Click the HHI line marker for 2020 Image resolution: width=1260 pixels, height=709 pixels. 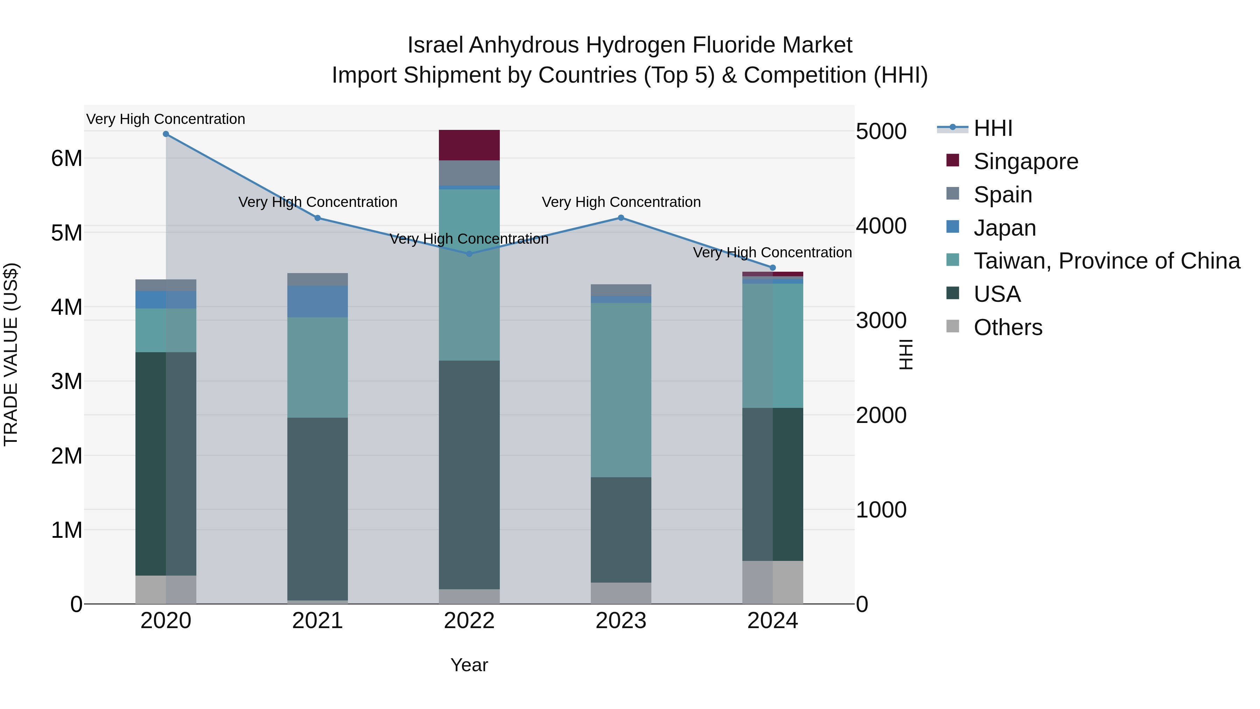(166, 134)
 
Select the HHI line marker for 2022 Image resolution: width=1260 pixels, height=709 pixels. (469, 254)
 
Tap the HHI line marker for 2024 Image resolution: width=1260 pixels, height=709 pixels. (773, 267)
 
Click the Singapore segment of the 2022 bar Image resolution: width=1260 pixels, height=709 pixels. (469, 145)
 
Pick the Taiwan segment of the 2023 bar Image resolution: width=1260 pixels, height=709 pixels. (621, 390)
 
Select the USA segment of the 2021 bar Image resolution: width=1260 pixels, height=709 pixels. (317, 509)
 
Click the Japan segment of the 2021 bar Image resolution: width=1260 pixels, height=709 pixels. (317, 301)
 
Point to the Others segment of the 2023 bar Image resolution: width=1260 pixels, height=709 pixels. (621, 593)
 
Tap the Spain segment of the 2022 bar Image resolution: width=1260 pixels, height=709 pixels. (469, 173)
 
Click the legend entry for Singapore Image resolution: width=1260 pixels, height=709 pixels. (1026, 161)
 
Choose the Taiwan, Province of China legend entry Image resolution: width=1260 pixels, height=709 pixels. (1106, 261)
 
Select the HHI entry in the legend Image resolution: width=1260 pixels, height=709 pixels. (993, 128)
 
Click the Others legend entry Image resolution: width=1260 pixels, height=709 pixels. (1008, 327)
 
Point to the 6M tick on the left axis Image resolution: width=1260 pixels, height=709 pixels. (66, 159)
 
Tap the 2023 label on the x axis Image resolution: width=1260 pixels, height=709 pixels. (621, 621)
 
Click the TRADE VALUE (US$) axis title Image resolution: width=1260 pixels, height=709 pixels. (11, 354)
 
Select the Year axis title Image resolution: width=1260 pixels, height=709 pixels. (469, 665)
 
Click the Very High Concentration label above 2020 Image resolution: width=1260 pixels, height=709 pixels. (166, 119)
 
